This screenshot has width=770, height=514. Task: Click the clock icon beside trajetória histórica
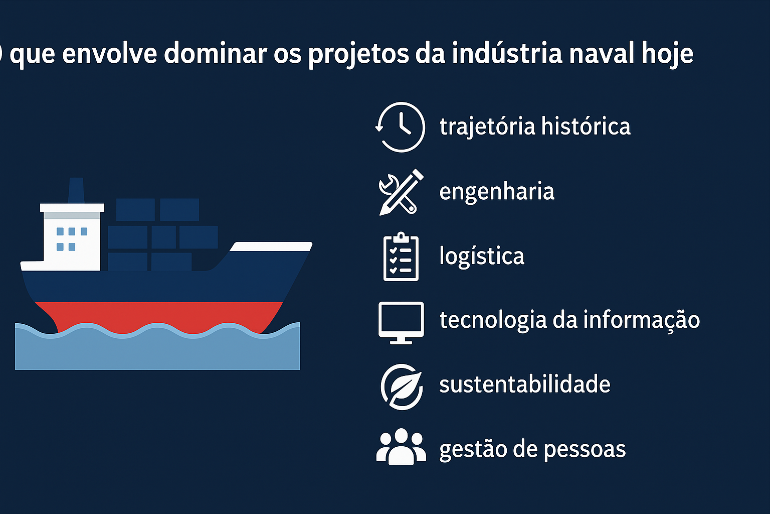pos(401,127)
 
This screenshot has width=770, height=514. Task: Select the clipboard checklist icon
pos(401,256)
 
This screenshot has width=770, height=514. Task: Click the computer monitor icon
pos(401,322)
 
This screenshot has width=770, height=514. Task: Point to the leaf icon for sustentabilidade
pos(401,387)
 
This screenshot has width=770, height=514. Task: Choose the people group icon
pos(401,447)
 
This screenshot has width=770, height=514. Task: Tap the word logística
pos(482,256)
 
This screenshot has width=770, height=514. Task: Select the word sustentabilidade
pos(524,384)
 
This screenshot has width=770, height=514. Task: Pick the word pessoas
pos(585,449)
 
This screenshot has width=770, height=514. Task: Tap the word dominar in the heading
pos(215,53)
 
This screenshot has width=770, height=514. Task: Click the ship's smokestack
pos(76,190)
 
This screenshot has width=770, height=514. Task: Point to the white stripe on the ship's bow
pos(271,246)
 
